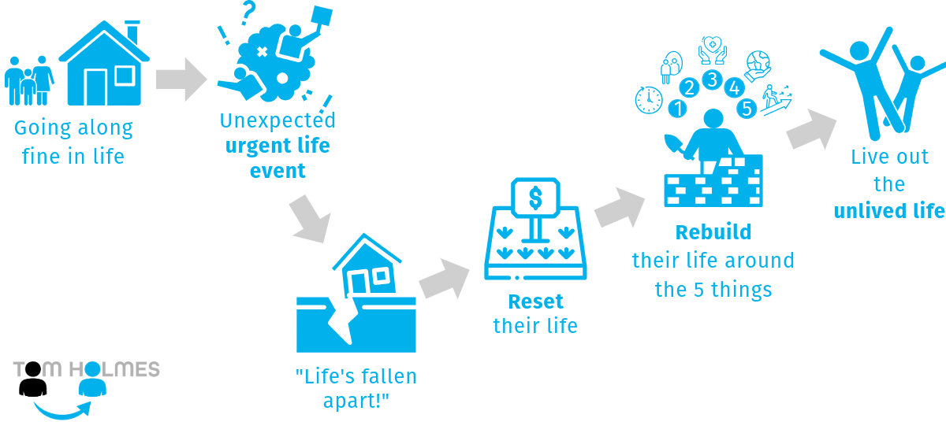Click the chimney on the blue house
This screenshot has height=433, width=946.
pyautogui.click(x=132, y=32)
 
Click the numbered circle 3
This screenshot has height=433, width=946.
pyautogui.click(x=712, y=80)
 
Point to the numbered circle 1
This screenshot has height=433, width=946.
pyautogui.click(x=676, y=105)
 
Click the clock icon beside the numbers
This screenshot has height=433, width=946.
pyautogui.click(x=649, y=99)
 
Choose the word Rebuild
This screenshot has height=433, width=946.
pyautogui.click(x=713, y=233)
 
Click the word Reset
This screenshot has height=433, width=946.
pyautogui.click(x=535, y=302)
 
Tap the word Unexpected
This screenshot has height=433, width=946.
pyautogui.click(x=277, y=120)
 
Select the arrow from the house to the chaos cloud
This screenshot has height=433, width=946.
pyautogui.click(x=181, y=80)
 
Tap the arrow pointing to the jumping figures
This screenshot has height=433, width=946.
pyautogui.click(x=811, y=129)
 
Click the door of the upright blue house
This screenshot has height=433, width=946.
pyautogui.click(x=95, y=87)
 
